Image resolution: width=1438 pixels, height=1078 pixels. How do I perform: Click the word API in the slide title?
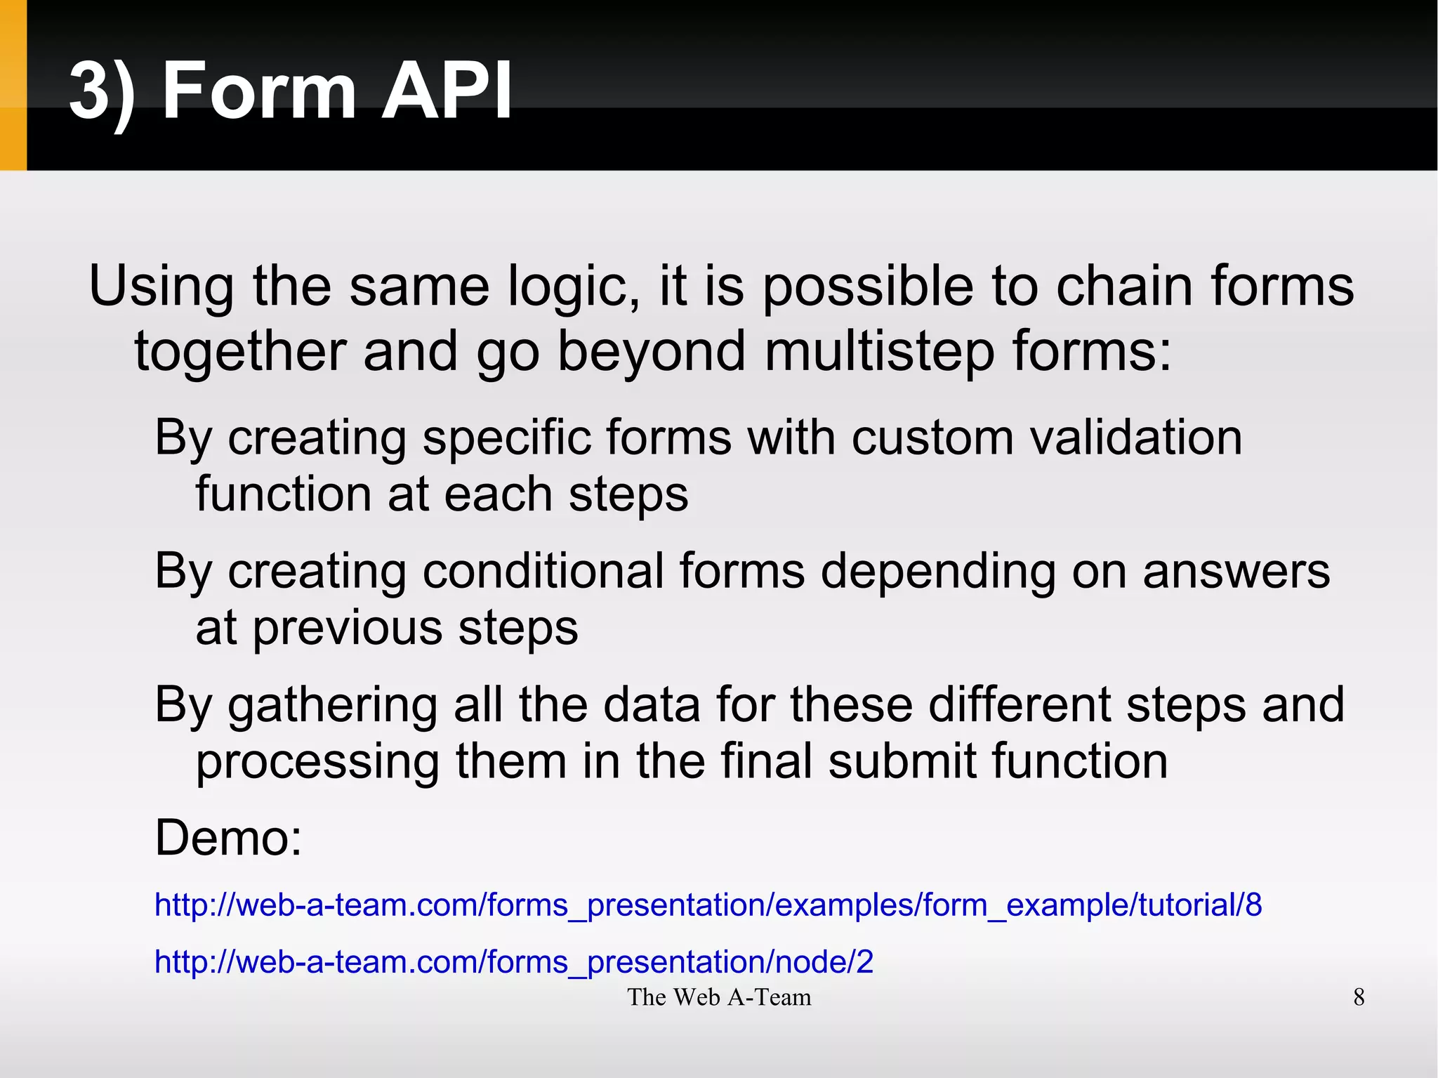(x=446, y=91)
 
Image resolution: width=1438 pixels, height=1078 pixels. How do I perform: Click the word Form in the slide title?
(x=259, y=91)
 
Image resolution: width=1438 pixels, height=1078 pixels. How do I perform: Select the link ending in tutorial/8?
(x=708, y=905)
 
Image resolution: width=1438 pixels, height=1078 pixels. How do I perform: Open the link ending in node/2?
(x=513, y=961)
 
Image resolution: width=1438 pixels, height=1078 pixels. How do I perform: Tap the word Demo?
(x=228, y=838)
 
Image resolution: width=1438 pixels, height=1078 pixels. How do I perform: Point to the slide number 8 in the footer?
(x=1359, y=997)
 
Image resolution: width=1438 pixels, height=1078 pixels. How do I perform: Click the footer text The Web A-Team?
(x=719, y=997)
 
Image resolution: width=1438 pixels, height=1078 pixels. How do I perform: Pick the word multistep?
(x=879, y=351)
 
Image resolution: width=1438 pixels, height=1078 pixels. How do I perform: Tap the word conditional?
(x=543, y=570)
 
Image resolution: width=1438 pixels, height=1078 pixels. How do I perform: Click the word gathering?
(x=333, y=706)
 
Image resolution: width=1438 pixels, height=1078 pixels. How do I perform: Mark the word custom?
(x=932, y=438)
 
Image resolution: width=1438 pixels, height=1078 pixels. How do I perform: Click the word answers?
(x=1236, y=570)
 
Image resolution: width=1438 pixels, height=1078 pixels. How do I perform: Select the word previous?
(x=348, y=629)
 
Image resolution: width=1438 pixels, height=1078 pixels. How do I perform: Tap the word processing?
(x=317, y=763)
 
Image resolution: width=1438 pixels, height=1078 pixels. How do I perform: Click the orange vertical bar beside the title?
(x=13, y=85)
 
